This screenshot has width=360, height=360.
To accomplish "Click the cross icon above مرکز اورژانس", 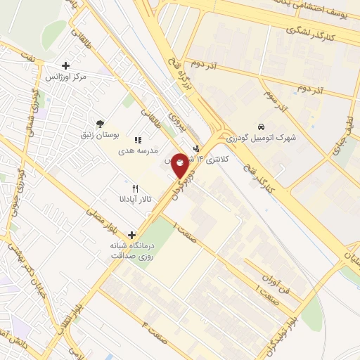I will click(x=65, y=65).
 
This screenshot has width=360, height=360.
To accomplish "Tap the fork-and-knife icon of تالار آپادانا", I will click(x=135, y=188).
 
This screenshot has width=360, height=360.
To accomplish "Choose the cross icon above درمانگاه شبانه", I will click(x=131, y=235).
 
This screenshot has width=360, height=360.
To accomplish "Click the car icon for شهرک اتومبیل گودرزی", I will click(x=261, y=127).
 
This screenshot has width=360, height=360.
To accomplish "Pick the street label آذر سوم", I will click(x=275, y=100).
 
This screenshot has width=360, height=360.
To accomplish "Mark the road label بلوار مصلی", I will click(x=98, y=214).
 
